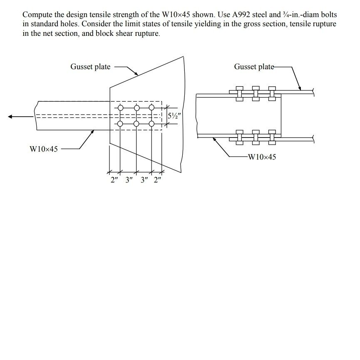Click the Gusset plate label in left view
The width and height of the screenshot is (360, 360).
(90, 67)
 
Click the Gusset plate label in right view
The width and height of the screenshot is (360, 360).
(254, 67)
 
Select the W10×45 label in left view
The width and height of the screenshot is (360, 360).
(44, 149)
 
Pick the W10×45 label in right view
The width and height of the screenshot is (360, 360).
(261, 157)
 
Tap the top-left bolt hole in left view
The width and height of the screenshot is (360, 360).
(120, 108)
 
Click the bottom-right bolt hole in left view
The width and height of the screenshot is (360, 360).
(151, 124)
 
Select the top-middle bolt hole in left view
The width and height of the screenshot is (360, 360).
(136, 108)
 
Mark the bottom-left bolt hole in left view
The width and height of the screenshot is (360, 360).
(120, 124)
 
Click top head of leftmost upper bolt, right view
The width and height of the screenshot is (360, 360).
(240, 89)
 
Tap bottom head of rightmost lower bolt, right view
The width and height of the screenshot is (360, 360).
(272, 143)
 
